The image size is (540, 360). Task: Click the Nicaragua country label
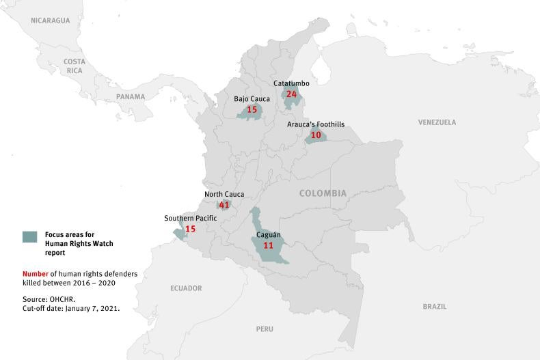[x=51, y=20]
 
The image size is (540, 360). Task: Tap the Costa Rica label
[x=75, y=66]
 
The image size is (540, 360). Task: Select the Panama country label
[x=131, y=97]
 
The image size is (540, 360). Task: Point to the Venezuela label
[x=437, y=122]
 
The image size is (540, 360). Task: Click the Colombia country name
[x=323, y=193]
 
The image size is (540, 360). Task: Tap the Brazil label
[x=434, y=307]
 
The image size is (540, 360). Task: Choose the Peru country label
[x=265, y=329]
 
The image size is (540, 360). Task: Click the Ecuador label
[x=186, y=288]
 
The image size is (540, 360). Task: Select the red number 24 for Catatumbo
[x=292, y=94]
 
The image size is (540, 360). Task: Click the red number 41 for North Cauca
[x=224, y=205]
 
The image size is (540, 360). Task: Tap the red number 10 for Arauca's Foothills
[x=316, y=135]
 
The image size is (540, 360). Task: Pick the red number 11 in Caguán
[x=268, y=245]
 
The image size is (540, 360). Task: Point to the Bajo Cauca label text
[x=252, y=99]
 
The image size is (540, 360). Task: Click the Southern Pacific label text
[x=190, y=219]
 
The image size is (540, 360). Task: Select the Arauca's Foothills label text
[x=316, y=124]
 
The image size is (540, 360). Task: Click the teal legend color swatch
[x=29, y=237]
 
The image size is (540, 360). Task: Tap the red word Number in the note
[x=35, y=274]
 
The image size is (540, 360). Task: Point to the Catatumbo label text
[x=291, y=83]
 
